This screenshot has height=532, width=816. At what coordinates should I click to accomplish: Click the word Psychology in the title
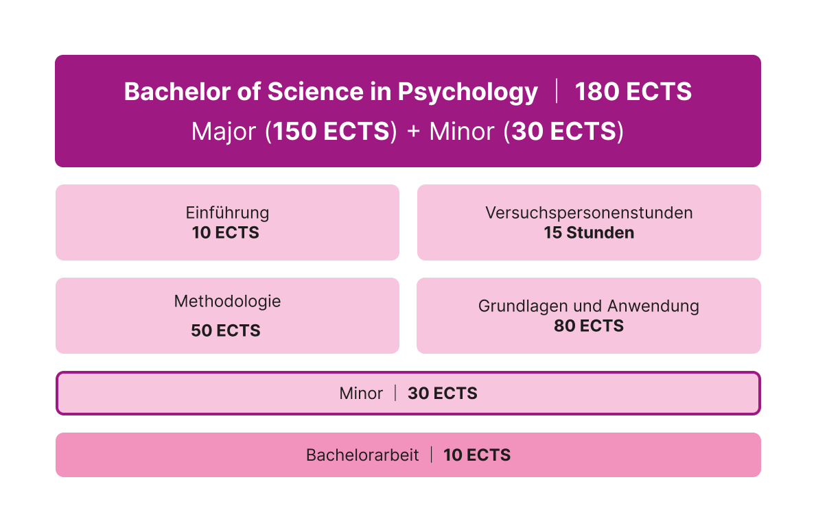[x=467, y=93]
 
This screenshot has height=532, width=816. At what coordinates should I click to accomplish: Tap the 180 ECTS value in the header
[x=633, y=92]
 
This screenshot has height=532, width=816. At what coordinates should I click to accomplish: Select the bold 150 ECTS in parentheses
[x=331, y=131]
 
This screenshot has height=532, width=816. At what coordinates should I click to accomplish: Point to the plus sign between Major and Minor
[x=413, y=132]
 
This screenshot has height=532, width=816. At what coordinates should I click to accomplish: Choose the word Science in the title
[x=315, y=92]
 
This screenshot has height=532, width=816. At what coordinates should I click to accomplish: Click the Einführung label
[x=227, y=212]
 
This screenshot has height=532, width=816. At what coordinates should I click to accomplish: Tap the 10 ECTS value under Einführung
[x=225, y=232]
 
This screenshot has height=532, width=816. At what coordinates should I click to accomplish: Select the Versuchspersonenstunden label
[x=589, y=213]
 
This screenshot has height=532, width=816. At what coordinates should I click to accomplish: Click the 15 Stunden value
[x=589, y=232]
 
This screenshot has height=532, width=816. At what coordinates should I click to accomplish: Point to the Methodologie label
[x=227, y=301]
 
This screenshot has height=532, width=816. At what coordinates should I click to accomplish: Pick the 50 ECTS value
[x=225, y=330]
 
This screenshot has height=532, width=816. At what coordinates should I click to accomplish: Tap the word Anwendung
[x=653, y=306]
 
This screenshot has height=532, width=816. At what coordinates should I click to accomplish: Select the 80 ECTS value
[x=589, y=326]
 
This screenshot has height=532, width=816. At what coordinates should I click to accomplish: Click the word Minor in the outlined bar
[x=361, y=393]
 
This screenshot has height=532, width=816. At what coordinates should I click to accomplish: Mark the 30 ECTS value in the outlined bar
[x=443, y=393]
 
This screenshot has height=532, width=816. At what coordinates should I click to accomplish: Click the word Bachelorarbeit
[x=362, y=455]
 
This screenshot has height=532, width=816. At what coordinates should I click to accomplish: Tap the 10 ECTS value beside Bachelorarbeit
[x=477, y=455]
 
